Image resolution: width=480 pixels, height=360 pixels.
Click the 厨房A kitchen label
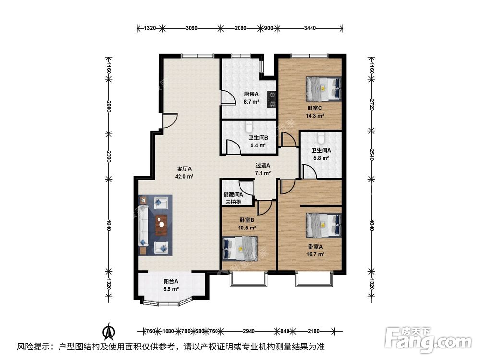tap(252, 94)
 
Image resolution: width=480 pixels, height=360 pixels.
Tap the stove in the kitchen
tap(272, 99)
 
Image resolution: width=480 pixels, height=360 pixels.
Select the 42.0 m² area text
tap(185, 176)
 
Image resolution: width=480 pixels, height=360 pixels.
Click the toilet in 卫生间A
tap(321, 138)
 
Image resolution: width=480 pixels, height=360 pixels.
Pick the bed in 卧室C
tap(324, 88)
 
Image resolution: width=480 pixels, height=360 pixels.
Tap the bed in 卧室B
tap(240, 248)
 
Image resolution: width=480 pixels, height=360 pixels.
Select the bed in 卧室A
tap(324, 225)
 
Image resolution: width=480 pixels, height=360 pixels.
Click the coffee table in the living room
tap(161, 225)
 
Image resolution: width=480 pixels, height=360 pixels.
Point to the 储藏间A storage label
tap(233, 194)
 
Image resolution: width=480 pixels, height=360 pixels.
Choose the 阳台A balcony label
tap(171, 281)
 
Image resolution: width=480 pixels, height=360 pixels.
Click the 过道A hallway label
tap(263, 166)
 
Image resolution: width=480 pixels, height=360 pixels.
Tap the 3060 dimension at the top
tap(192, 28)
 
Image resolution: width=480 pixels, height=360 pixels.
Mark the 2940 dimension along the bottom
tap(249, 331)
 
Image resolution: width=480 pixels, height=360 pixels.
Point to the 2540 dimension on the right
tap(372, 155)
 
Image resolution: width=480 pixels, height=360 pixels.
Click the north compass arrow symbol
tap(108, 331)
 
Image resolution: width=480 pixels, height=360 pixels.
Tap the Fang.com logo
tap(428, 340)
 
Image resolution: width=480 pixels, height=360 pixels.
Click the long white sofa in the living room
tap(144, 226)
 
